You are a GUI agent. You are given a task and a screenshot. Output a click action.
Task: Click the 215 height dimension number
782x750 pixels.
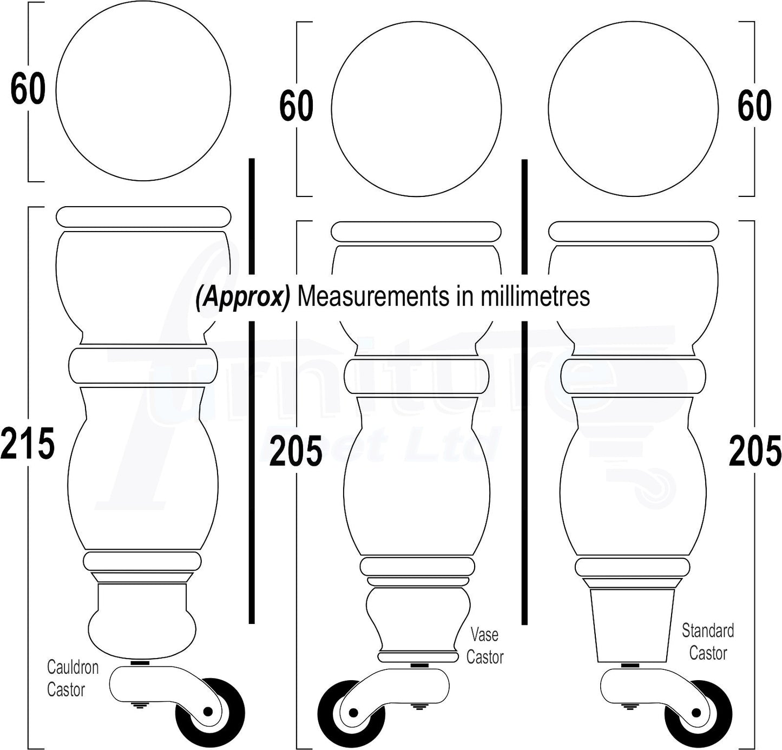click(x=28, y=443)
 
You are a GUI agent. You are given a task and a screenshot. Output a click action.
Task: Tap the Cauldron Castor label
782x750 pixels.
click(x=72, y=678)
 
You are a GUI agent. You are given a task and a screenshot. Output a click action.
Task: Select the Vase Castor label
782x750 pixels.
click(x=485, y=646)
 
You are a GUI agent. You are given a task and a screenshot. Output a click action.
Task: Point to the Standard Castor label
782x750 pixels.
click(x=708, y=642)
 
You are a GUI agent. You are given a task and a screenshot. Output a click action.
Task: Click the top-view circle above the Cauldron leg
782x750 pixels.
click(x=143, y=91)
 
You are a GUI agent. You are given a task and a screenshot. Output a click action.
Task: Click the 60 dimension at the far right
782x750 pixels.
click(x=754, y=106)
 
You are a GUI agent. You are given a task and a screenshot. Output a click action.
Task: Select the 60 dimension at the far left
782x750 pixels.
click(x=28, y=89)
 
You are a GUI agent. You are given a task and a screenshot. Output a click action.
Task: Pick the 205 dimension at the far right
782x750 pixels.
click(x=754, y=451)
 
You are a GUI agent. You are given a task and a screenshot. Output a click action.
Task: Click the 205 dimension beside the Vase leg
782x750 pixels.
click(x=295, y=452)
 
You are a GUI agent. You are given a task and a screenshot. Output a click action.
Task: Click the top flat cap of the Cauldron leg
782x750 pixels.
click(x=143, y=216)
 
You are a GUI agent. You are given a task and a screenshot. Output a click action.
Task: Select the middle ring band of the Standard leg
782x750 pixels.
click(x=633, y=377)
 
